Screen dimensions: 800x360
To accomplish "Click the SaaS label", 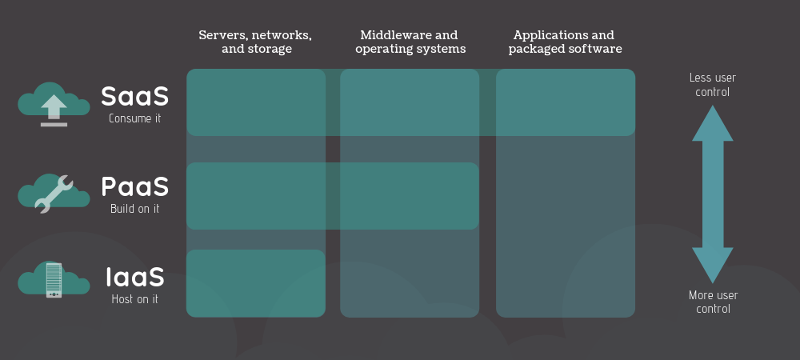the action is tap(134, 96).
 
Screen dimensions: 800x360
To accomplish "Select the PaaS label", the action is tap(134, 186).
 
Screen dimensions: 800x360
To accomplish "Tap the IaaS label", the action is tap(135, 277).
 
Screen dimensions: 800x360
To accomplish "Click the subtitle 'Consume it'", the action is tap(134, 118).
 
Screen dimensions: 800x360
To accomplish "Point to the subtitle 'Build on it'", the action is tap(134, 209).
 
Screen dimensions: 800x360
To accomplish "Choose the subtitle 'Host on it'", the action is tap(134, 299).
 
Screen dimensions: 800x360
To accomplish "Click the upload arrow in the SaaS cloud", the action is tap(54, 107).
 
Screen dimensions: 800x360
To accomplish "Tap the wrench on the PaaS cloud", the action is tap(54, 194).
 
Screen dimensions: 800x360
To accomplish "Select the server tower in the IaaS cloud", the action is tap(54, 280).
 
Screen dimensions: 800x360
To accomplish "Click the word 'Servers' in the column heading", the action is tap(221, 35).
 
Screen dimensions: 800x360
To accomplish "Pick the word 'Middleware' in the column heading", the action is tap(391, 35).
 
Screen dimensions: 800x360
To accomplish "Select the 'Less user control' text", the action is tap(713, 85).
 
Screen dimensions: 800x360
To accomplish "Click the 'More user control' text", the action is tap(714, 302).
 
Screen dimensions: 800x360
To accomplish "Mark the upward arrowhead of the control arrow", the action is tap(713, 123).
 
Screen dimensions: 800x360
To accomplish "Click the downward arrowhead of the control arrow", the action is tap(713, 265).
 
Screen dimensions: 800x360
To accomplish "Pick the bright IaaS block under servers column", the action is tap(256, 283).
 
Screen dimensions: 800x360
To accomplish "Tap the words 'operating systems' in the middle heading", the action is tap(410, 49).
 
